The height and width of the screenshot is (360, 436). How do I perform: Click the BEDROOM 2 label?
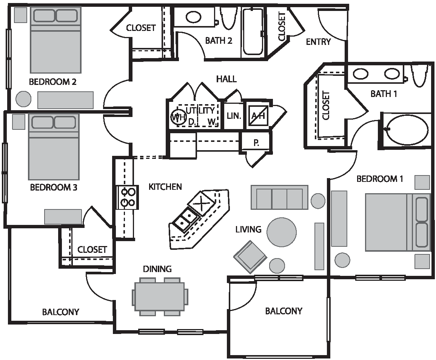point(52,82)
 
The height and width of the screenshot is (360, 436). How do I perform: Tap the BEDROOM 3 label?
point(53,188)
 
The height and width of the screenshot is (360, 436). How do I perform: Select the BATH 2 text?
point(219,41)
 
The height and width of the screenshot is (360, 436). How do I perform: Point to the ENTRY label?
point(318,42)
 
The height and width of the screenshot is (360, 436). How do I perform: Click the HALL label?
point(226,79)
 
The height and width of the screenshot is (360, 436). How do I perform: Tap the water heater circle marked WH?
point(178,117)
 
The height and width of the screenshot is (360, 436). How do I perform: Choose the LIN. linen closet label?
point(234,116)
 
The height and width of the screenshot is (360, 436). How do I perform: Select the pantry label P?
point(256,143)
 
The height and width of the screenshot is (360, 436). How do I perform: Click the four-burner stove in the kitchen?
point(128,197)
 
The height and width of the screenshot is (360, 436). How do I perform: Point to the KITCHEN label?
point(165,186)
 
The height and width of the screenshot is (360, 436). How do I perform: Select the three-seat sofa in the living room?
point(279,197)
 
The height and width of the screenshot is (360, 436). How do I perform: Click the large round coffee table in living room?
point(282,232)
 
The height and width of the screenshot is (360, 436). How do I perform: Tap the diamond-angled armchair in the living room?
point(250,257)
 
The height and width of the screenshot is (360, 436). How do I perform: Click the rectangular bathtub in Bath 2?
point(253,32)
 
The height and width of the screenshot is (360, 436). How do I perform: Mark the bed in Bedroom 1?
point(397,222)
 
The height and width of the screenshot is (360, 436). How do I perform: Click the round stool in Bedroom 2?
point(23,99)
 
